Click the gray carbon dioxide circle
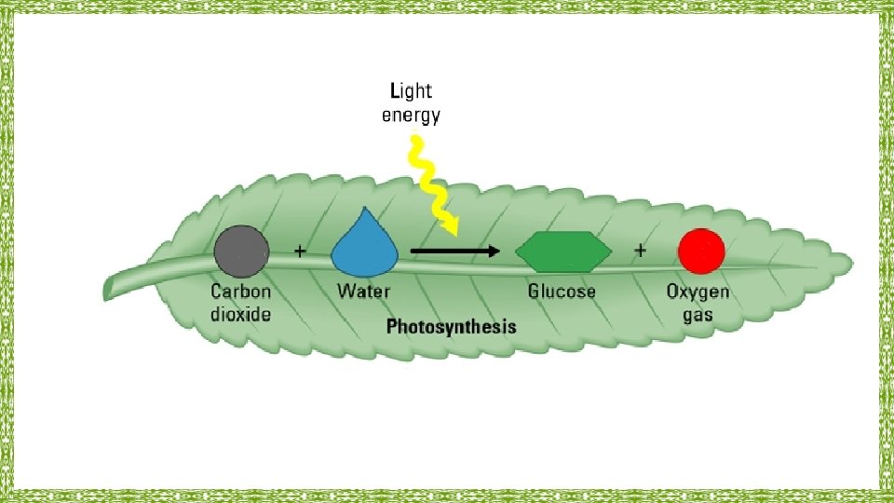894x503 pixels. (241, 252)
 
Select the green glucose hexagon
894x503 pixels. (563, 251)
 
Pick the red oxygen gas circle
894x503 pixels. (701, 251)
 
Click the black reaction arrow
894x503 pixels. (455, 251)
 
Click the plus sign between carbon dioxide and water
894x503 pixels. (300, 251)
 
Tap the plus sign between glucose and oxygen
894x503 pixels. (641, 251)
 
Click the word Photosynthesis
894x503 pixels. (451, 327)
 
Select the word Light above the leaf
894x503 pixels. (410, 91)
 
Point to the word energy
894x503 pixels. (411, 116)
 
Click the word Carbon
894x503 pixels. (240, 292)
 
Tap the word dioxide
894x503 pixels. (240, 314)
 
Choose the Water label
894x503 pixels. (363, 292)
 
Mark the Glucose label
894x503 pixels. (562, 292)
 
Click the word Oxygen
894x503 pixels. (698, 292)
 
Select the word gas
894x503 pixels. (698, 315)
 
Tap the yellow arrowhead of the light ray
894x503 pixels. (452, 225)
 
